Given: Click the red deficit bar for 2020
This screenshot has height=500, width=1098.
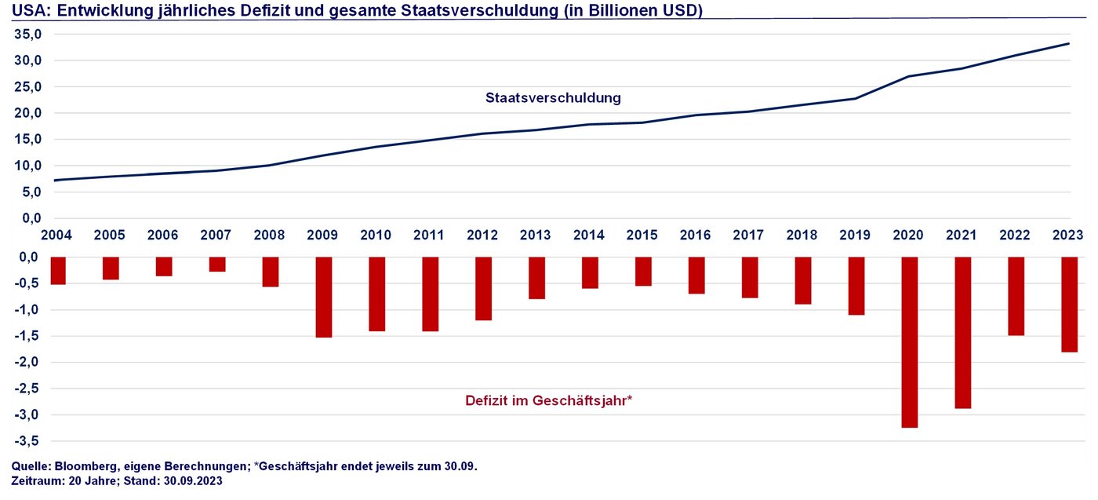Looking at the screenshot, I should (909, 342).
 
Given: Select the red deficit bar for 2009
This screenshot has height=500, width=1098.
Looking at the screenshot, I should (324, 297).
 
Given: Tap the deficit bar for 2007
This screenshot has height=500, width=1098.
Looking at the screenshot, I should (217, 265).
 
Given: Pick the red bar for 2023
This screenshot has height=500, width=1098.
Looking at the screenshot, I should (1069, 305).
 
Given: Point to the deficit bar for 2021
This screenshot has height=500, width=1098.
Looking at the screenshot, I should (962, 333).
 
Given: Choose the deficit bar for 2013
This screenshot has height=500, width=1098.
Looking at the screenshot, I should (536, 278).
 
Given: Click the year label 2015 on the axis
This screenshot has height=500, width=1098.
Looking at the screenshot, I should (643, 235).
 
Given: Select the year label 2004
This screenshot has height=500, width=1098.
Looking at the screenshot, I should (56, 235).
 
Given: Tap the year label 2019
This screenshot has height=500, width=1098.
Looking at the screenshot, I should (856, 235).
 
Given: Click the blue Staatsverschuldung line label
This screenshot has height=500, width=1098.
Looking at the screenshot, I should (553, 98).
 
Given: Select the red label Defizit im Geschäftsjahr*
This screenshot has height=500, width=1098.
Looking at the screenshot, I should (548, 400).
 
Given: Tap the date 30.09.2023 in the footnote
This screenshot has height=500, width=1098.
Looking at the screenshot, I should (193, 481).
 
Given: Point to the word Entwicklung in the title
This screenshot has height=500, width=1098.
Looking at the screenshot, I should (102, 9).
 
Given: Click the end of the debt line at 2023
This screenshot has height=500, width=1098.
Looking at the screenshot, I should (1068, 44).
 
